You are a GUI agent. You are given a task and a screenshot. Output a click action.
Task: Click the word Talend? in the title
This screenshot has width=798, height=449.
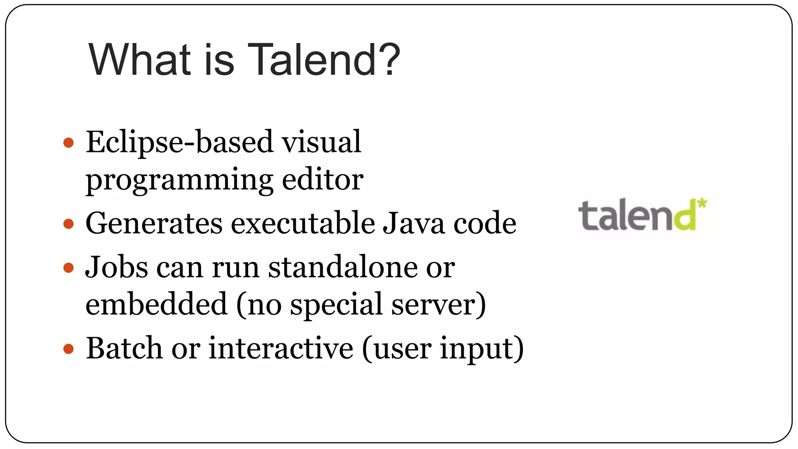323,60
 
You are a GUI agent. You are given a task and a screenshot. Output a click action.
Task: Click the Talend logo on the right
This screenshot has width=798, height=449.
642,215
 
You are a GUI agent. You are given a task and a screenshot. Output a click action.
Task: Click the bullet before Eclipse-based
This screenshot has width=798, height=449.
69,143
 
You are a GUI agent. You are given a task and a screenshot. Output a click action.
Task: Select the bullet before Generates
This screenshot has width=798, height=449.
69,224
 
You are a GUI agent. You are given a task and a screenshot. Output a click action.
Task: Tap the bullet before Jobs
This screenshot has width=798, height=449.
69,268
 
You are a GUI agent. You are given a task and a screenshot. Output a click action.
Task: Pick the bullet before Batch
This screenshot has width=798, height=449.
69,348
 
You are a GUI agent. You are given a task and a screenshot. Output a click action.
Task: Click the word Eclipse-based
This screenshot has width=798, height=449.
179,142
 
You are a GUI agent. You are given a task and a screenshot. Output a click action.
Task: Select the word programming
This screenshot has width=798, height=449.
179,180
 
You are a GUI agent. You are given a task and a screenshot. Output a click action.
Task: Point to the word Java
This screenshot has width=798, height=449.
413,223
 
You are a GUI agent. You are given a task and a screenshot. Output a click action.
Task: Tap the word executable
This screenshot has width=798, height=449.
302,223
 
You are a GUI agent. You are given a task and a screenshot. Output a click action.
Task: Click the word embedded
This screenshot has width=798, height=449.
156,304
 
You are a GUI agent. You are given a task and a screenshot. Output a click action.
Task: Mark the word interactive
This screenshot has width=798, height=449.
281,348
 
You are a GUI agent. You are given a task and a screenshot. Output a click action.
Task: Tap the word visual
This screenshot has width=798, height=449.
321,142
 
